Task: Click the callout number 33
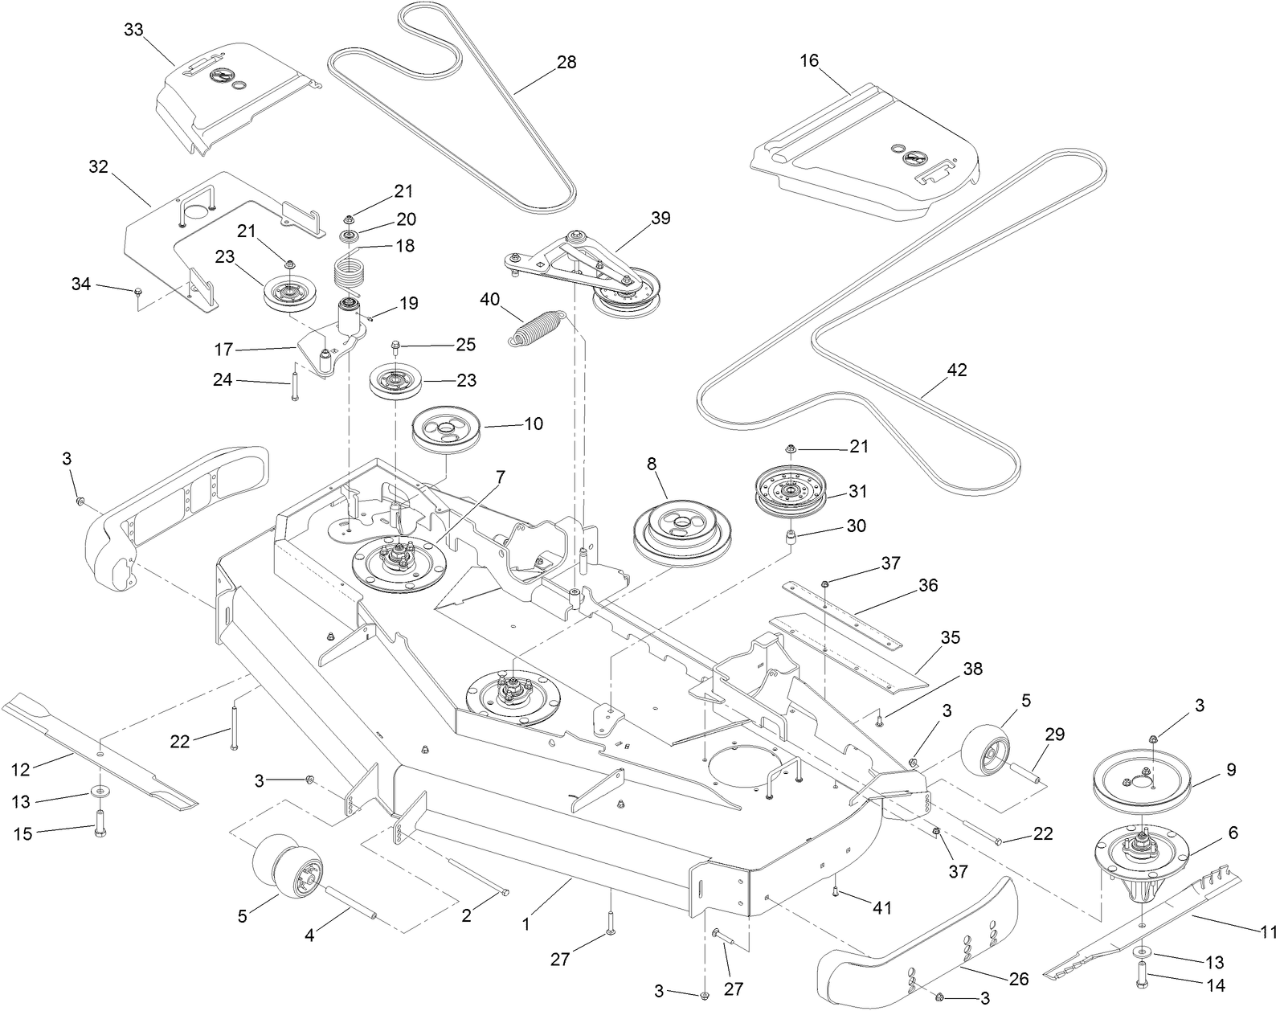133,30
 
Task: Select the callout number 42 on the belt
957,370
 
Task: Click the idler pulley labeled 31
791,493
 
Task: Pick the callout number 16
809,61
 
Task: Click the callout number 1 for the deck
525,925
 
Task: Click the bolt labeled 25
396,348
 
